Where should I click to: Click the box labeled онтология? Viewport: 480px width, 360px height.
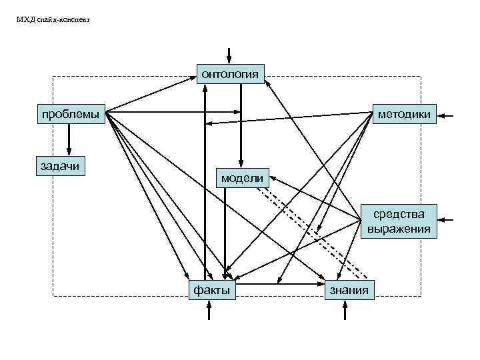230,73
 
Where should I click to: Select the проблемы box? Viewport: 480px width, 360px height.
71,114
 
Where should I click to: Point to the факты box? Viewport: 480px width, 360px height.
212,289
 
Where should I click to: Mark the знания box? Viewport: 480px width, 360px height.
349,289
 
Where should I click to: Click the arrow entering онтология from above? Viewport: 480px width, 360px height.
230,55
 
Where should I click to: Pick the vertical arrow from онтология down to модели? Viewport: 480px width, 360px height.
241,127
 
